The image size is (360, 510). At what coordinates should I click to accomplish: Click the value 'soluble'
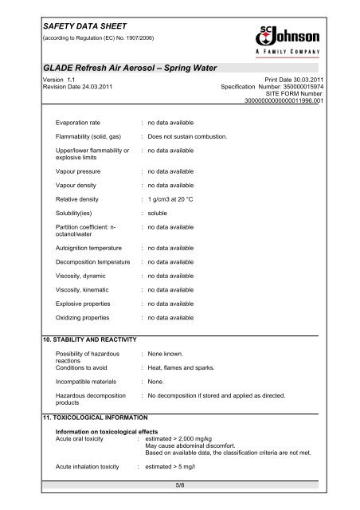click(x=159, y=214)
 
